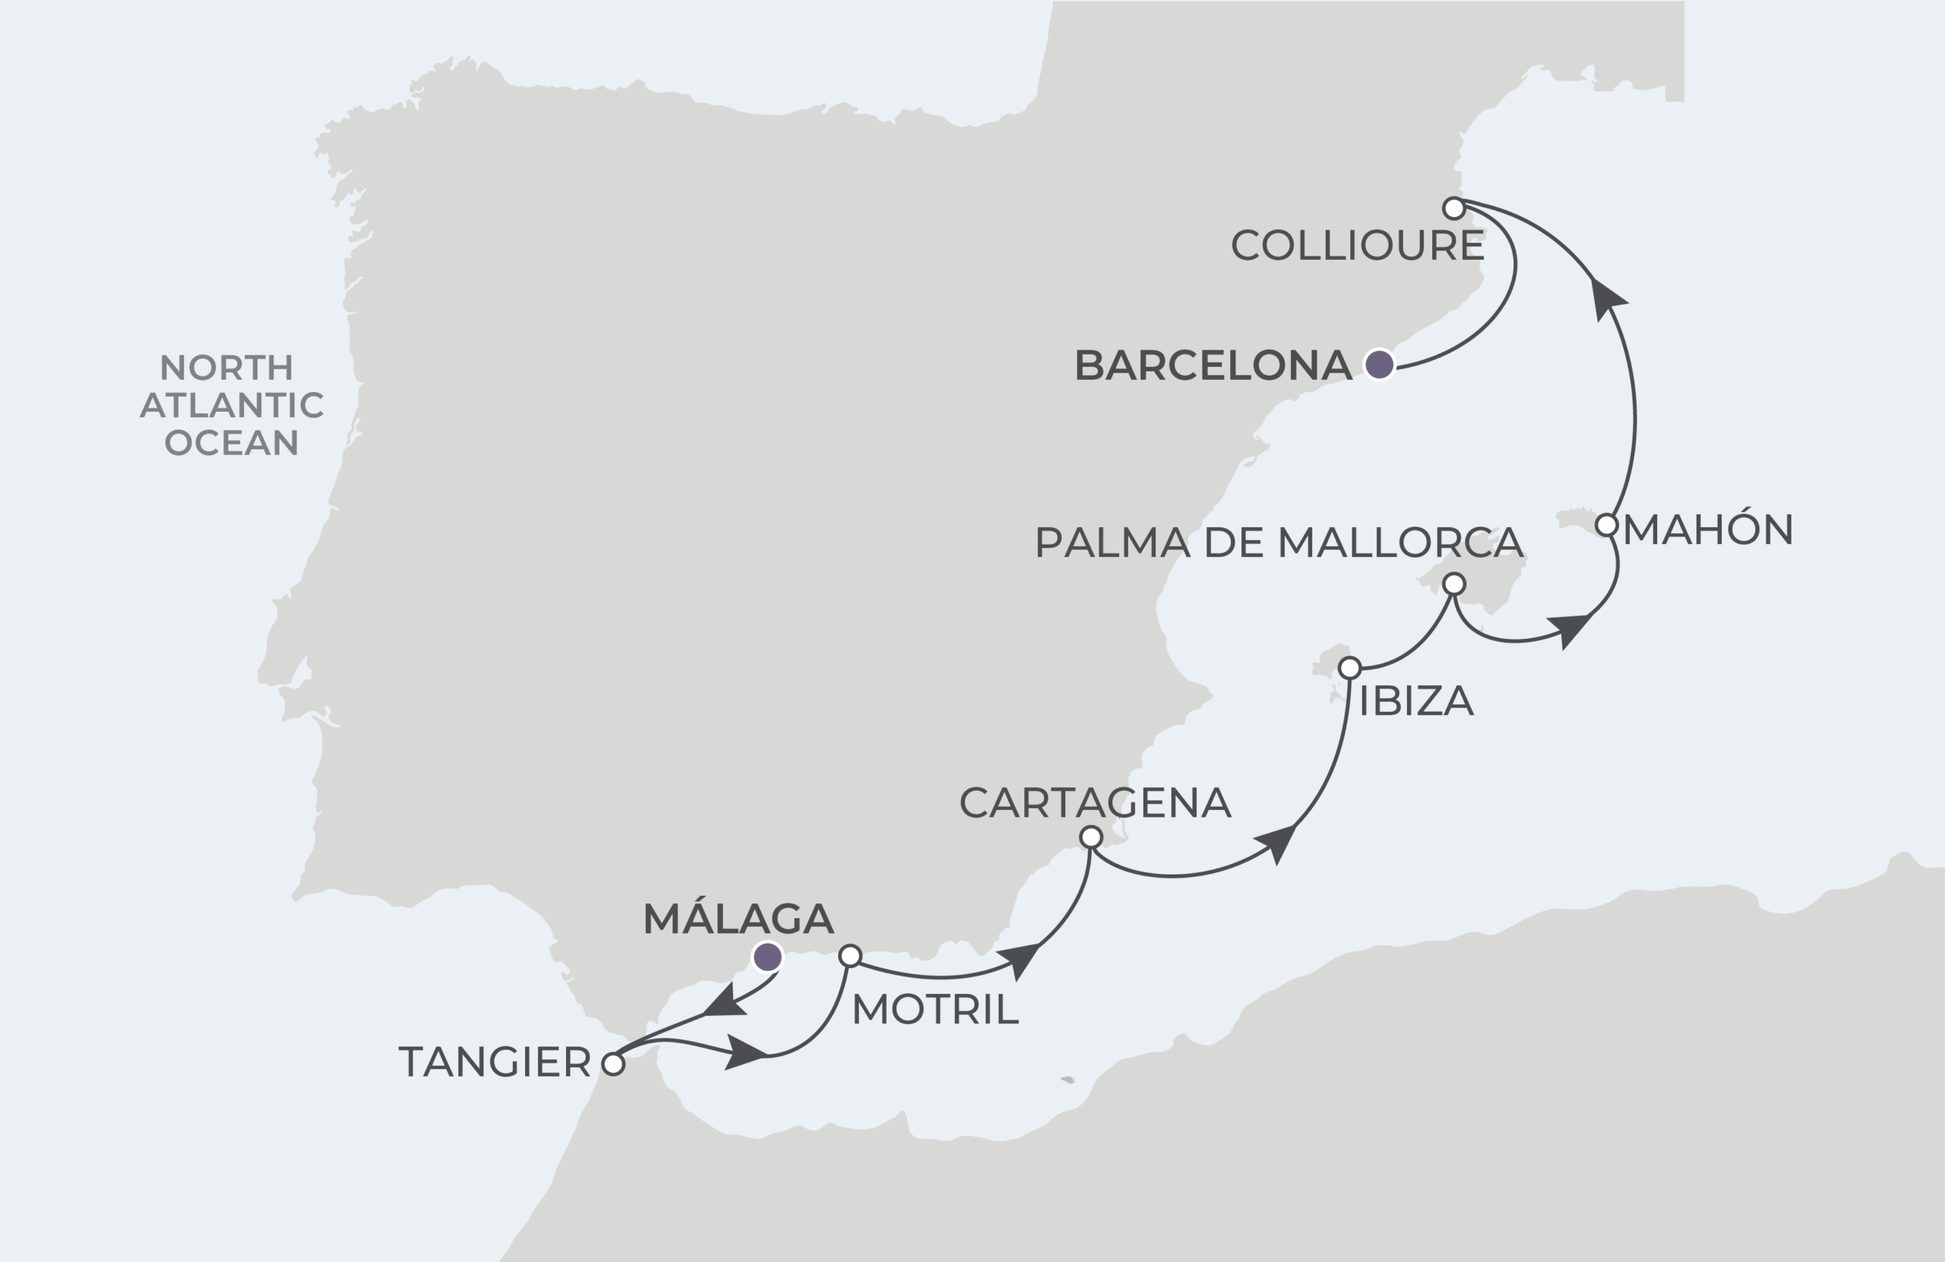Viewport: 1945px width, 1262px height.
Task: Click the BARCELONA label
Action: pos(1212,365)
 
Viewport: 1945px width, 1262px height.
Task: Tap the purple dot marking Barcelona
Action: pos(1380,365)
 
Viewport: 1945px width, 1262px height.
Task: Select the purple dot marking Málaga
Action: pos(767,956)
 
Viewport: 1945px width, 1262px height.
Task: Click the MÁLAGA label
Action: pos(738,919)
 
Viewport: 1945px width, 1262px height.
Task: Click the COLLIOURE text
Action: pos(1357,246)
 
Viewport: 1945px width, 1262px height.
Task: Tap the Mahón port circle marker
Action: pos(1607,525)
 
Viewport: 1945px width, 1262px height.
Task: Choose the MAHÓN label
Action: pos(1708,530)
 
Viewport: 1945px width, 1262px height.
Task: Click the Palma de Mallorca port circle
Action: pos(1454,584)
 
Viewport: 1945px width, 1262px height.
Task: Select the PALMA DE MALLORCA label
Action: pos(1278,542)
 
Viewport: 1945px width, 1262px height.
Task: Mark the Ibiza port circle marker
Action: pos(1349,669)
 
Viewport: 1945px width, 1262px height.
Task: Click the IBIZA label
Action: pos(1415,701)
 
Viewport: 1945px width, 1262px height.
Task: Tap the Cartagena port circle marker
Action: pos(1091,837)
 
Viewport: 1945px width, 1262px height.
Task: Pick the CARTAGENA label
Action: pos(1094,802)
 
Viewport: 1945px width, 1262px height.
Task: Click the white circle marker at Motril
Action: pos(851,956)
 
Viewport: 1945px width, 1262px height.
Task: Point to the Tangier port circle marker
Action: pos(613,1064)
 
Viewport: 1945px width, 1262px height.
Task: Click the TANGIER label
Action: pos(495,1063)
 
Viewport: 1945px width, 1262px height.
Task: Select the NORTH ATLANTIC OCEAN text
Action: pos(231,406)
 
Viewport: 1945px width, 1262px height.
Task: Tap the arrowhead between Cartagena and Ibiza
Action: pos(1277,842)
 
